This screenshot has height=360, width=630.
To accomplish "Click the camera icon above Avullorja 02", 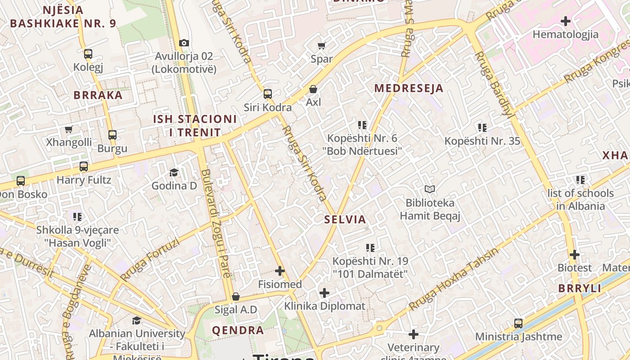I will pyautogui.click(x=184, y=43).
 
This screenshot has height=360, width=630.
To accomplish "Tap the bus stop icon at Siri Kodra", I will pyautogui.click(x=268, y=94).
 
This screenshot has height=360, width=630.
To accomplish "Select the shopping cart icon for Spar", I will pyautogui.click(x=322, y=45).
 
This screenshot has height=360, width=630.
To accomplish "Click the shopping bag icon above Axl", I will pyautogui.click(x=313, y=89).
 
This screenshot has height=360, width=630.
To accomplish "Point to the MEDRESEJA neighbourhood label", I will pyautogui.click(x=409, y=88).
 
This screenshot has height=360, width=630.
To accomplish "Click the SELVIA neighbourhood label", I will pyautogui.click(x=345, y=220).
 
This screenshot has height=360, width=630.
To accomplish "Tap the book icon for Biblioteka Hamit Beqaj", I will pyautogui.click(x=430, y=189).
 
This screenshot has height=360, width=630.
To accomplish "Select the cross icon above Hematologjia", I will pyautogui.click(x=566, y=21).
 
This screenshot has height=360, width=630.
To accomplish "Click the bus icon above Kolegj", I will pyautogui.click(x=88, y=54).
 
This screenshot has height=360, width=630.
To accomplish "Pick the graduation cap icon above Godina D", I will pyautogui.click(x=174, y=172).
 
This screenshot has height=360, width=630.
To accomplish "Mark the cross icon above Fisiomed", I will pyautogui.click(x=280, y=271).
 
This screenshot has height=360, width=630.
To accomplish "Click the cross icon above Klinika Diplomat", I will pyautogui.click(x=324, y=293).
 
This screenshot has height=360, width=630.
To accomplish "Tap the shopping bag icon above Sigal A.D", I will pyautogui.click(x=235, y=297).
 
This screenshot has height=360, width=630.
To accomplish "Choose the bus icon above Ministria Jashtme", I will pyautogui.click(x=518, y=324).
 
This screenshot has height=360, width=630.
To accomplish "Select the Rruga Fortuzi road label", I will pyautogui.click(x=150, y=260).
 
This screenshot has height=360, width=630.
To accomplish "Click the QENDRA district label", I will pyautogui.click(x=238, y=330).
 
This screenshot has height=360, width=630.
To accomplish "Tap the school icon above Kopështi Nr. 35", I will pyautogui.click(x=482, y=128).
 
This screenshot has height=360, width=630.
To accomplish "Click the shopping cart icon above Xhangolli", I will pyautogui.click(x=69, y=130).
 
